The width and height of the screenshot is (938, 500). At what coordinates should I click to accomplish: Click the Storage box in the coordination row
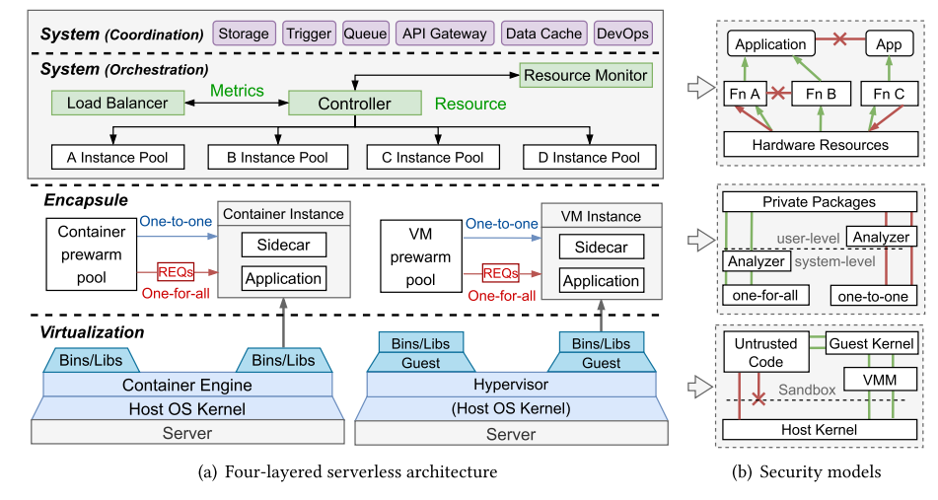coord(244,34)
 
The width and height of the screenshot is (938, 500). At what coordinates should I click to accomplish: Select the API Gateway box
coord(444,34)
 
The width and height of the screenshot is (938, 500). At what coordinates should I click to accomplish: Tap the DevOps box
coord(622,34)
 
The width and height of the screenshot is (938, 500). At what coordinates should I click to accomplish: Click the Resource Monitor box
coord(585,75)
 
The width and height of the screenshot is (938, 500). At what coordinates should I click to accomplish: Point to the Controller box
coord(354,103)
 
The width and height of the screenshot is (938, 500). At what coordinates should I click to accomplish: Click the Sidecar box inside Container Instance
coord(284,246)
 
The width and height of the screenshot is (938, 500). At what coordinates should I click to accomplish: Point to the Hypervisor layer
coord(505,386)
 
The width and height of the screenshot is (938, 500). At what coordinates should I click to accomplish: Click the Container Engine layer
coord(186,386)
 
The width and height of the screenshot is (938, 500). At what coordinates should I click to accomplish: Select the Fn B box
coord(814,94)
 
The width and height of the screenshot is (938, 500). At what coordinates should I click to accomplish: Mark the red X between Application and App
coord(838,44)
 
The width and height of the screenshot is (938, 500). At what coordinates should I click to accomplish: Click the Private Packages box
coord(819,202)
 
